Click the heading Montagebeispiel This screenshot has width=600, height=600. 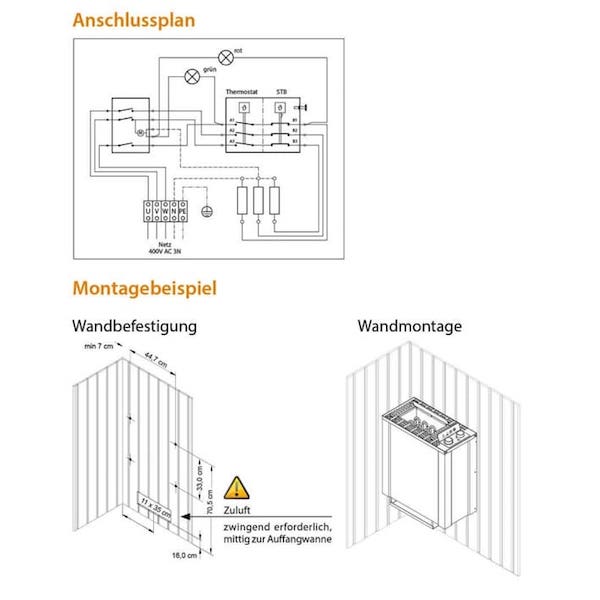[144, 289]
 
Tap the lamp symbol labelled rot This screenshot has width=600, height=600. [226, 57]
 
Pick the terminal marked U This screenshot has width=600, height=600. [148, 211]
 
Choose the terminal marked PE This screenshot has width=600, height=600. [184, 211]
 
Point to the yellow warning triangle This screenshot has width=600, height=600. [236, 488]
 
